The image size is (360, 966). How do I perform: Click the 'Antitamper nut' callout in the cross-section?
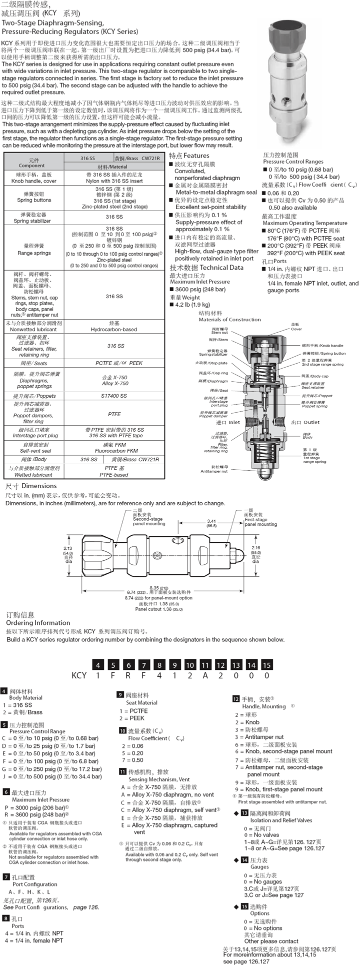coord(213,471)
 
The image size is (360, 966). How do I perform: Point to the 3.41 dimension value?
coord(211,521)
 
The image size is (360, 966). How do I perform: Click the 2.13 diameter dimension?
coord(67,548)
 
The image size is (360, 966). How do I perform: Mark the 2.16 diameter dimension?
coord(255,548)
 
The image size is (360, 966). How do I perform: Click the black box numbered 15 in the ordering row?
coord(267,665)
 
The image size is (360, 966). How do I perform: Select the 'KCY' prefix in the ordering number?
coord(79,675)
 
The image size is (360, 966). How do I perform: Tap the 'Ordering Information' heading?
coord(38,623)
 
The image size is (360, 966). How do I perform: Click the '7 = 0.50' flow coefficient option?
coord(132,760)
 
